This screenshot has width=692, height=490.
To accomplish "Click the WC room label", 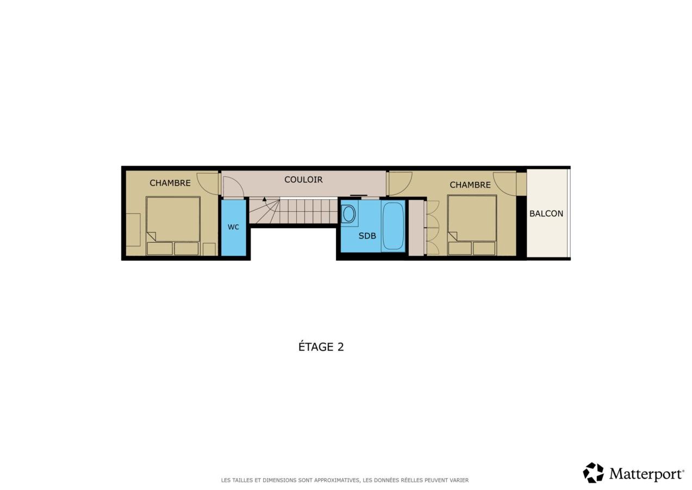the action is [233, 227].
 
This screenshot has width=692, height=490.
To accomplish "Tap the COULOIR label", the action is [303, 180].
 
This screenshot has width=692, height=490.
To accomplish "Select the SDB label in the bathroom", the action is [367, 236].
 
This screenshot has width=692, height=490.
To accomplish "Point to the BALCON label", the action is [546, 213].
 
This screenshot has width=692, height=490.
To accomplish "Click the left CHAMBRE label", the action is [170, 183].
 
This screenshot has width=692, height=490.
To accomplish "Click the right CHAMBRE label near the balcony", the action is [470, 185].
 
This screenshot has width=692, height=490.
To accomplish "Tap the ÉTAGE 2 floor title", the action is [321, 347].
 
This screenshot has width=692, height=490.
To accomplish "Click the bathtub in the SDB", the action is [393, 226].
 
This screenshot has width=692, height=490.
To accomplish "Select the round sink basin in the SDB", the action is [349, 214].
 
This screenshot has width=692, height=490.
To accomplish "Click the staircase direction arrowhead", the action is [264, 199].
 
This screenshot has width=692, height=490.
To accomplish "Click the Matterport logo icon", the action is [593, 473].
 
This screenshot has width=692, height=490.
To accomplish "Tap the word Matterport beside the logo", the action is [646, 474].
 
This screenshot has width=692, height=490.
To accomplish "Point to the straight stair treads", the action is [309, 211].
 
